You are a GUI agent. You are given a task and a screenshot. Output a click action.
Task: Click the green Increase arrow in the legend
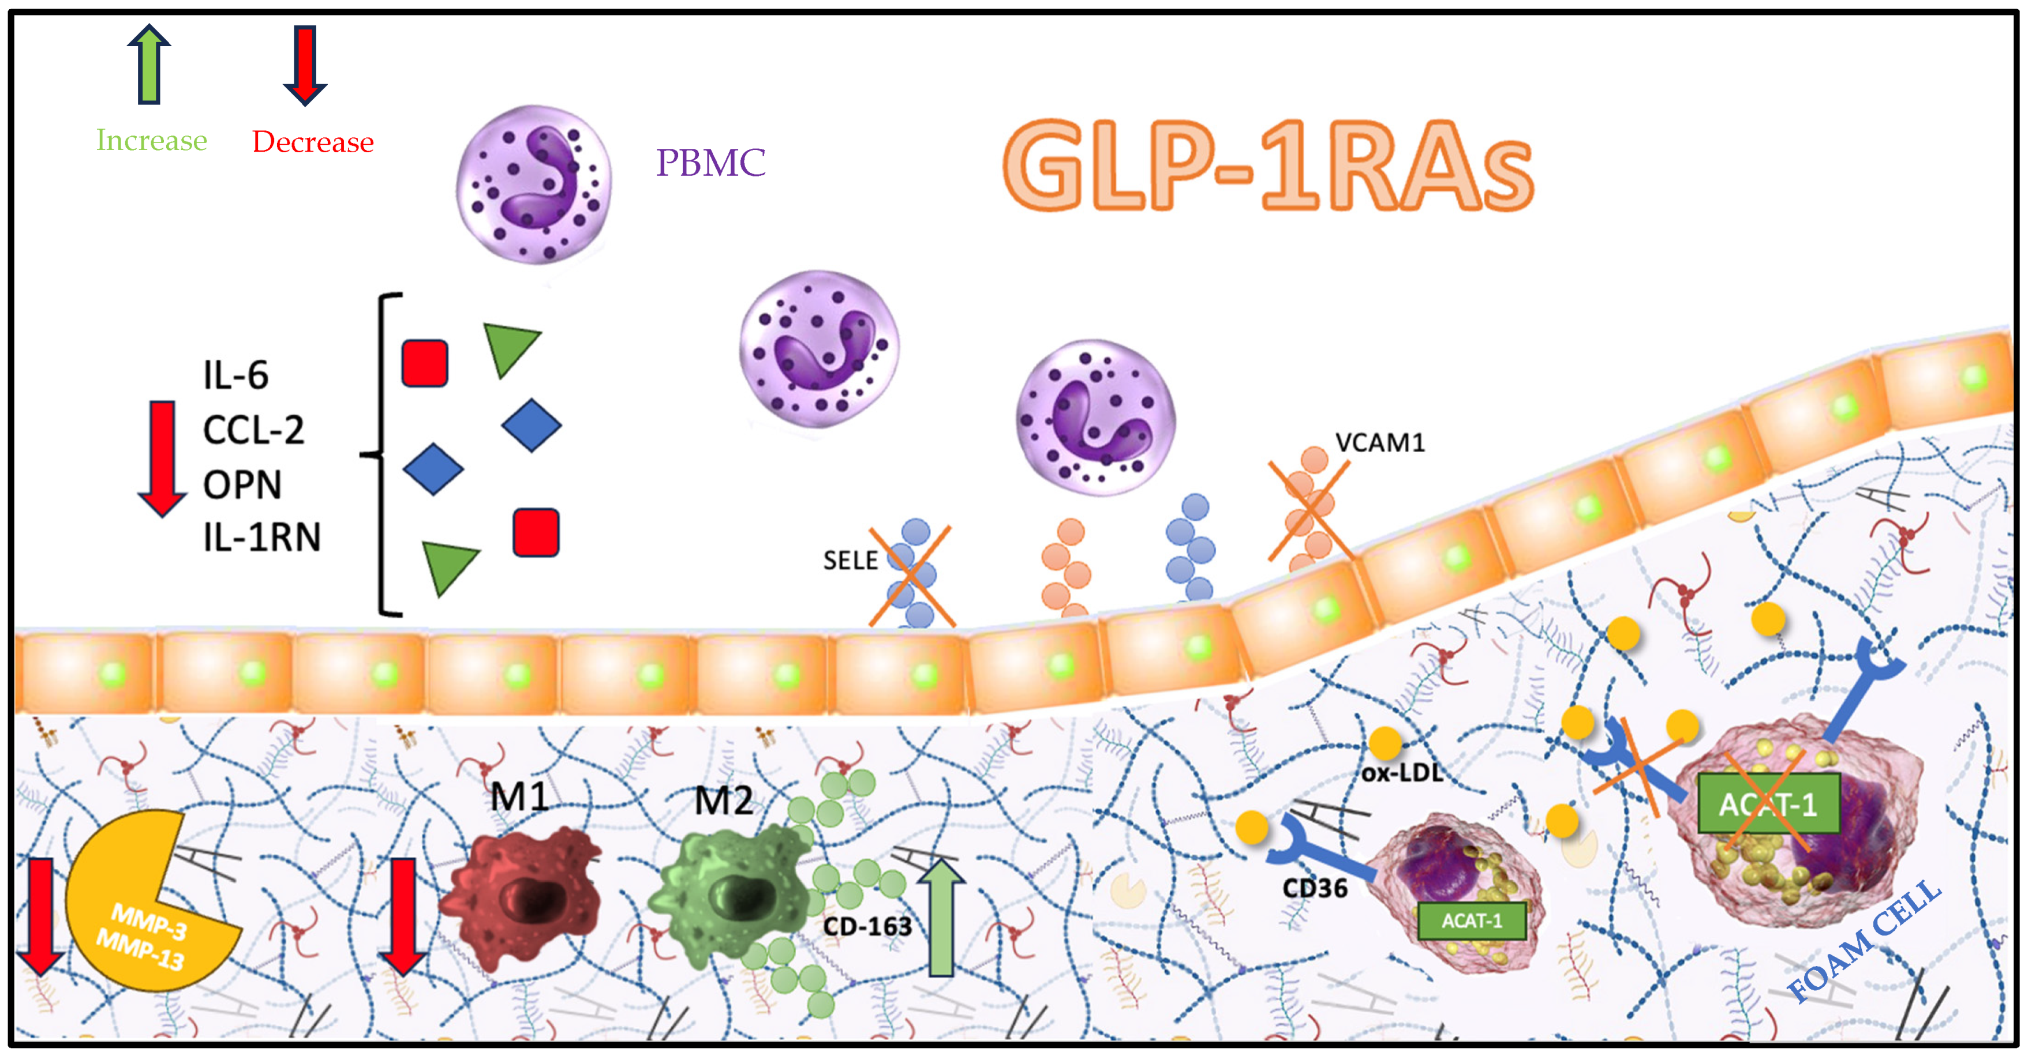pyautogui.click(x=149, y=65)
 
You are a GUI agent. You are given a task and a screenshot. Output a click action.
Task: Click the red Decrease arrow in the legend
pyautogui.click(x=305, y=65)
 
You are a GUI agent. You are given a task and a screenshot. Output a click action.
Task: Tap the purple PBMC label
pyautogui.click(x=710, y=163)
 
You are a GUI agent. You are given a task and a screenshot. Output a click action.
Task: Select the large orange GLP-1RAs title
pyautogui.click(x=1267, y=167)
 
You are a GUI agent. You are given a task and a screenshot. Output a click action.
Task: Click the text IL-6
pyautogui.click(x=235, y=375)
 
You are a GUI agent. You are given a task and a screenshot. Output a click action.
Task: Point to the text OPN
pyautogui.click(x=242, y=484)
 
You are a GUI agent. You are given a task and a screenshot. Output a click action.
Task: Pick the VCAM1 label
pyautogui.click(x=1380, y=443)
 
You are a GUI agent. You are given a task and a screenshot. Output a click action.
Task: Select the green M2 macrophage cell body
pyautogui.click(x=728, y=893)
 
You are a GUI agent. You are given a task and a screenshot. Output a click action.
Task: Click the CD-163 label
pyautogui.click(x=867, y=927)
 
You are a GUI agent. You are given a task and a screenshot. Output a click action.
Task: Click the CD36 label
pyautogui.click(x=1315, y=888)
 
